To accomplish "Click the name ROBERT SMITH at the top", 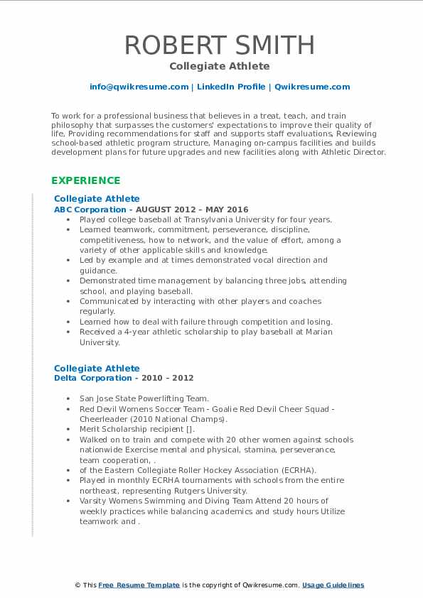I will [x=220, y=45].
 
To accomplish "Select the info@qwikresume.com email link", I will [x=139, y=87].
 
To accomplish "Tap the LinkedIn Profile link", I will [x=231, y=87].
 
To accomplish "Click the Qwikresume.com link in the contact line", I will [x=312, y=87].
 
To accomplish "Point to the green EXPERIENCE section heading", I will [x=86, y=180].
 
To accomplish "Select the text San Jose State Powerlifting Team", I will [x=144, y=398].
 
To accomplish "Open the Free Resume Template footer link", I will [x=139, y=585].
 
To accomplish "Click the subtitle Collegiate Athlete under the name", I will [x=220, y=66].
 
